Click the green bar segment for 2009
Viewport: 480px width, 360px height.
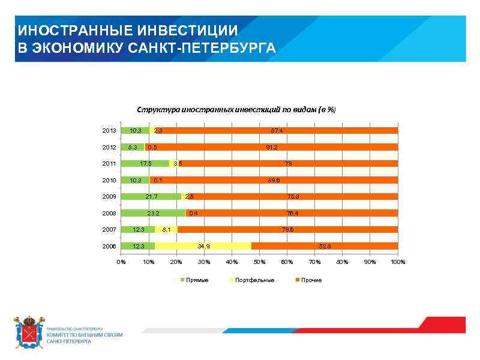click(x=151, y=196)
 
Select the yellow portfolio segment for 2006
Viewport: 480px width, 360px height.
click(x=203, y=246)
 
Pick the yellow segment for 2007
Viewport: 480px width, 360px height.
click(x=166, y=229)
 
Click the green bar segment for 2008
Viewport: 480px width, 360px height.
click(x=153, y=213)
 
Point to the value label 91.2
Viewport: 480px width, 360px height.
click(x=272, y=147)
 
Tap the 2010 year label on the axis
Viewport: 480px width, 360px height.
click(x=109, y=180)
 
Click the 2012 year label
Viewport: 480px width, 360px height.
click(x=109, y=147)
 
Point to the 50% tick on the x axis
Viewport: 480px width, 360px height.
click(x=259, y=262)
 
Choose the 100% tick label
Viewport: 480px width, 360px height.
click(x=398, y=262)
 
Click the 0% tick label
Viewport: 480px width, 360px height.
click(x=121, y=262)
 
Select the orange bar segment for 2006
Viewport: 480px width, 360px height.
click(x=324, y=246)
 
